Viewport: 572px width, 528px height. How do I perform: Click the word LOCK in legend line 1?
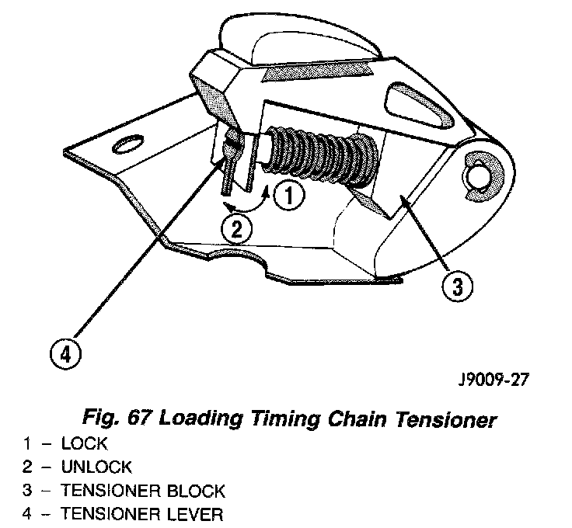coord(85,444)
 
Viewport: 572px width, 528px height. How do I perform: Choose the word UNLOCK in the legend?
coord(96,467)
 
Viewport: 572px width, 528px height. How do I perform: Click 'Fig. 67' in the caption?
coord(117,420)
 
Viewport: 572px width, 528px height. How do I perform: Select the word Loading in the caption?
coord(200,420)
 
